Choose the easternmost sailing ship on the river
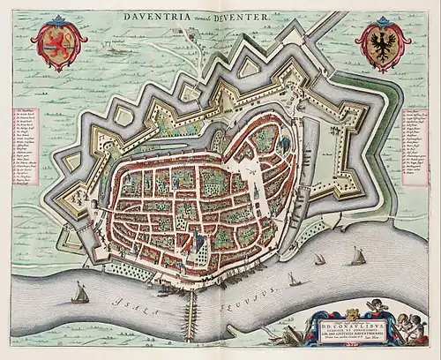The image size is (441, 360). pyautogui.click(x=357, y=257)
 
